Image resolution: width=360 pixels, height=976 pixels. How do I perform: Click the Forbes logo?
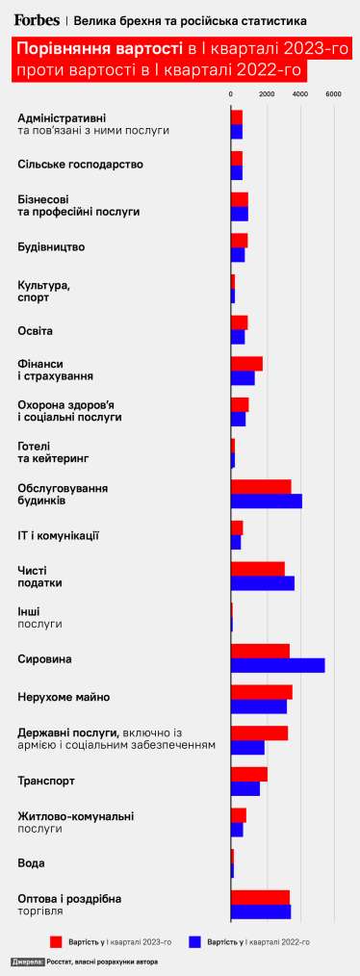pos(37,19)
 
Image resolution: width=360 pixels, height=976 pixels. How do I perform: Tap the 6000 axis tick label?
pos(333,93)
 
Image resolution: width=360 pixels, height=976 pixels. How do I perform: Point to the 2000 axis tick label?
pos(266,93)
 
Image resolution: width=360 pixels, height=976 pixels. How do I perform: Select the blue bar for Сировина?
pos(277,665)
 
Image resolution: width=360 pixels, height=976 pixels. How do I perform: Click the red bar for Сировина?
pos(260,651)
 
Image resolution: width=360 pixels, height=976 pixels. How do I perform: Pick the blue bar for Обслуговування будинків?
pos(266,501)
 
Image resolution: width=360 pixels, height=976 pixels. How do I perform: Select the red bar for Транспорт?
pos(248,774)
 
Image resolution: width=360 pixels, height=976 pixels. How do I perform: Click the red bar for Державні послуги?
pos(259,732)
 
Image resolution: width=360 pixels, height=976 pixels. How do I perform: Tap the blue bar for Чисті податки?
pos(262,582)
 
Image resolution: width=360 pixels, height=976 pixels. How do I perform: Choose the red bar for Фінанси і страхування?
pos(246,364)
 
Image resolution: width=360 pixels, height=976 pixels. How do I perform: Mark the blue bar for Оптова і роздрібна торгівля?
pos(260,911)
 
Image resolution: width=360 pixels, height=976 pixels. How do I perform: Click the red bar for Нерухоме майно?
pos(261,692)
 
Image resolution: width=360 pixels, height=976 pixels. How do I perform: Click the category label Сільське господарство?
pos(81,165)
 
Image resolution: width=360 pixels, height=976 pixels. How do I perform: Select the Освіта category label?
pos(36,331)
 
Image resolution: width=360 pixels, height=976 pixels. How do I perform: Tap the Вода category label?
pos(32,863)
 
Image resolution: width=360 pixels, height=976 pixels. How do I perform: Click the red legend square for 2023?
pos(56,940)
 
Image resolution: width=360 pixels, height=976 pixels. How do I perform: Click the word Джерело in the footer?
pos(28,962)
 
